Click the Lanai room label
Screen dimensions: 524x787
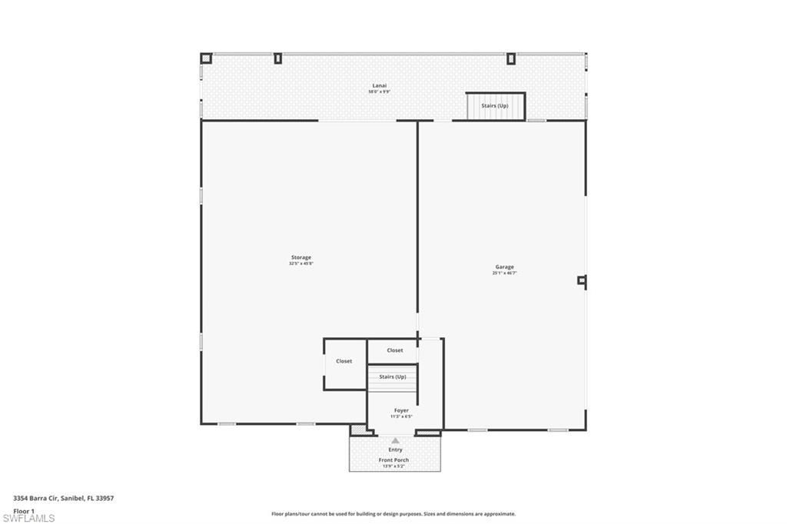[379, 85]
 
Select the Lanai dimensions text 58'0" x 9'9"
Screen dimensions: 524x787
[379, 91]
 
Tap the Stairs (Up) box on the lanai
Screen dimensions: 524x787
[495, 106]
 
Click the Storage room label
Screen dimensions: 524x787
[301, 257]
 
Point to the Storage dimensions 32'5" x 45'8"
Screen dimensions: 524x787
[301, 264]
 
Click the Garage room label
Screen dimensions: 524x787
[504, 267]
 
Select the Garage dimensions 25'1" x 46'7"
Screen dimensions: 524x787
[504, 273]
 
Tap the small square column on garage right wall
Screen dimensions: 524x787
[582, 280]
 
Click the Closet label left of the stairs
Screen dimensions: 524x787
[344, 361]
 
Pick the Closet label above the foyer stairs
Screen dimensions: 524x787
[394, 350]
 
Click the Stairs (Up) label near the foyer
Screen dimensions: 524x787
[393, 376]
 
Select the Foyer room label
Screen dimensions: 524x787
[401, 410]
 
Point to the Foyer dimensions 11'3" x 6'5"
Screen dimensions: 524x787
[401, 416]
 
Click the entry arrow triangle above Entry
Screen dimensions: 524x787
[395, 441]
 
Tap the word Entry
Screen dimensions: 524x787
[395, 449]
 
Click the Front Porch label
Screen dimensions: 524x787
[393, 460]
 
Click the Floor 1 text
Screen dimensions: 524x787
[24, 510]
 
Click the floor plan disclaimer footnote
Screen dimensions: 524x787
[393, 514]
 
